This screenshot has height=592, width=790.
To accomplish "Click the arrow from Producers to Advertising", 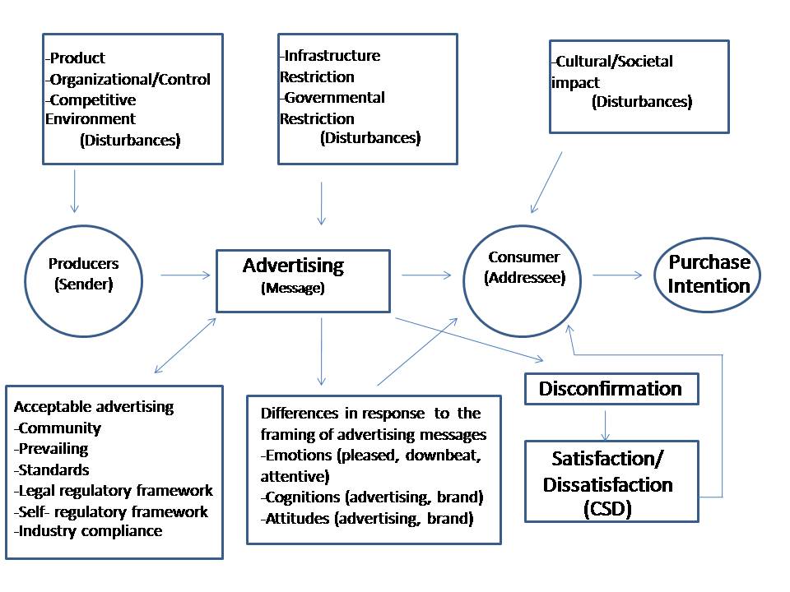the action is click(185, 275).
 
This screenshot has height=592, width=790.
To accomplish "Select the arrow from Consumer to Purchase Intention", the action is click(618, 275).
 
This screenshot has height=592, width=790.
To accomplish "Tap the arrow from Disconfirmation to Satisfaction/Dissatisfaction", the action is click(606, 426).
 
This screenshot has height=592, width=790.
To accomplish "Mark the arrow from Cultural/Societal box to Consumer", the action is click(546, 183).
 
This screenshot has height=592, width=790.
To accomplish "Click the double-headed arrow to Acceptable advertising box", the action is click(185, 345).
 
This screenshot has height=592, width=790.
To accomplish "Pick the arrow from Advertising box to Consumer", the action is click(426, 275).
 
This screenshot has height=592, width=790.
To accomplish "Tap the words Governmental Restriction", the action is click(332, 108).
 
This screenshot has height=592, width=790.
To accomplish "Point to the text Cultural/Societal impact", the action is click(612, 72).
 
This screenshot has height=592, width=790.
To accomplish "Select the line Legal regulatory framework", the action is click(114, 490).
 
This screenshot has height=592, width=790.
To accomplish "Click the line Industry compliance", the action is click(88, 531).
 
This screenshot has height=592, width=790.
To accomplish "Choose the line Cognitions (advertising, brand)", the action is click(372, 497).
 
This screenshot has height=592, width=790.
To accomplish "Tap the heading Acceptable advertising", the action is click(94, 406).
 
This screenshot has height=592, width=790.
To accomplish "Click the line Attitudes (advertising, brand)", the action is click(367, 519).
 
